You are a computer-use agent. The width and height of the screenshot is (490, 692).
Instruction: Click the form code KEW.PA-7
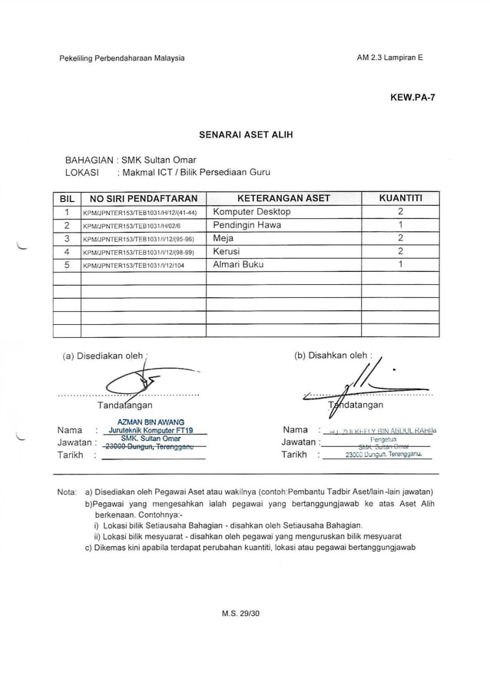(413, 98)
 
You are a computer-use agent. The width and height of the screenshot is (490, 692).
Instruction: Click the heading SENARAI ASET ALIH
(246, 134)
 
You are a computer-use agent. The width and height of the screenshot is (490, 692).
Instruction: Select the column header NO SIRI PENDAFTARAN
(144, 198)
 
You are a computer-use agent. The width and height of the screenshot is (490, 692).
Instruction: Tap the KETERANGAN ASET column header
(283, 198)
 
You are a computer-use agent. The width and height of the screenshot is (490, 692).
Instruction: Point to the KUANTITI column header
(400, 198)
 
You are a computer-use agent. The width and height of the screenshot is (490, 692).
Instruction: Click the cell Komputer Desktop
(252, 212)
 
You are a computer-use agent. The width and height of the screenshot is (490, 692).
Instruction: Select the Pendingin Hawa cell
(247, 225)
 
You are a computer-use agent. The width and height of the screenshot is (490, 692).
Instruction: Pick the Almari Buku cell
(238, 264)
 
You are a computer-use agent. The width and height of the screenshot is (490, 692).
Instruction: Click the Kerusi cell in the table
(227, 251)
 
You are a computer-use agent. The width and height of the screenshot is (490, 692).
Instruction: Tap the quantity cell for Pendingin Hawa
(400, 225)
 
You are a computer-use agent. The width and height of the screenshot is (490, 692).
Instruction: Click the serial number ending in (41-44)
(141, 213)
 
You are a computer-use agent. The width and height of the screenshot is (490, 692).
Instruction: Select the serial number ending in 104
(134, 265)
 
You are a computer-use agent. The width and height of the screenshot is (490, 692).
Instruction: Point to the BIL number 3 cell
(67, 238)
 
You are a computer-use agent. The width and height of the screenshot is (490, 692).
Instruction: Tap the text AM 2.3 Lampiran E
(390, 59)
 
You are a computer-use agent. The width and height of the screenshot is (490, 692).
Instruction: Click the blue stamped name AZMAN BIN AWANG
(151, 422)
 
